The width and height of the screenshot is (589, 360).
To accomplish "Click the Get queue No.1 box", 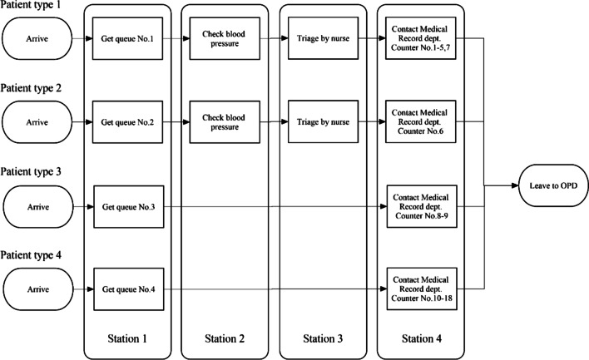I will click(127, 37).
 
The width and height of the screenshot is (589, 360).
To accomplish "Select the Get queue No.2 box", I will click(127, 121).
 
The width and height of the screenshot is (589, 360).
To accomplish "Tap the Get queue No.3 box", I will click(127, 205).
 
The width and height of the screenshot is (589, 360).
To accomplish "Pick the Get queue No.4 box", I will click(127, 288).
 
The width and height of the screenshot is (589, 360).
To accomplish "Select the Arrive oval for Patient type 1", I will click(36, 37).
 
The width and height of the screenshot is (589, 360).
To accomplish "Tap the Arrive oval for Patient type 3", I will click(36, 205).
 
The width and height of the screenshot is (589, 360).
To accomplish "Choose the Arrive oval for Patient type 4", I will click(36, 288).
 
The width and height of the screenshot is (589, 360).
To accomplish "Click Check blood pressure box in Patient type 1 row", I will click(223, 37).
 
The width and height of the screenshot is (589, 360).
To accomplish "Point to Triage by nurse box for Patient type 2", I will click(320, 121).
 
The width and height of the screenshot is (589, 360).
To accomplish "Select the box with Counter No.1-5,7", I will click(417, 37).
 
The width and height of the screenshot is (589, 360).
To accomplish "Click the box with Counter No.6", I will click(417, 121).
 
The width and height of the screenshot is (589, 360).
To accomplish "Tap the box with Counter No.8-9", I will click(417, 205).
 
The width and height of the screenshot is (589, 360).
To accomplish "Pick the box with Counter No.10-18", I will click(417, 288).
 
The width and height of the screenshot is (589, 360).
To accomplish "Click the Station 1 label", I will click(127, 338).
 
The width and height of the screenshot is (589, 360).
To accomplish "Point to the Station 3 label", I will click(320, 338).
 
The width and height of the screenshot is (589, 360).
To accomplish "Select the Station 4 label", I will click(417, 338).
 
